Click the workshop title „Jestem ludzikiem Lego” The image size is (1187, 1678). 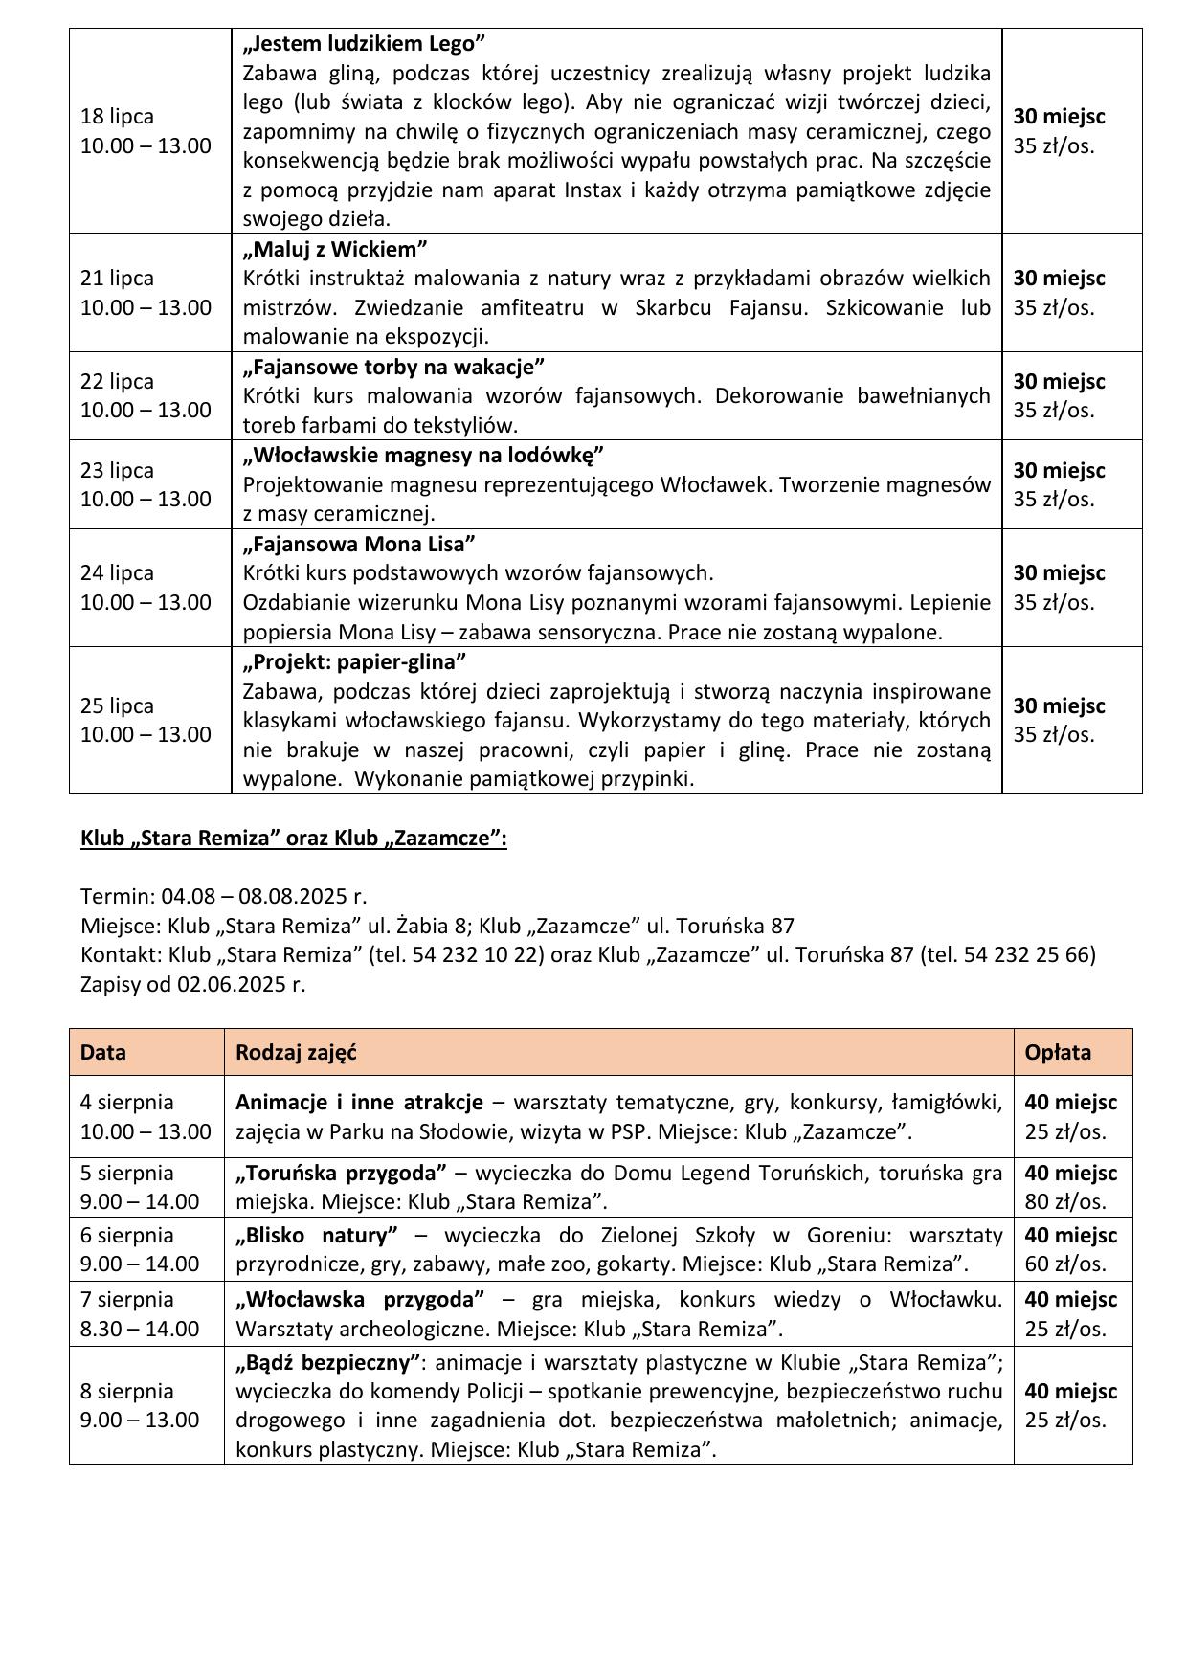(364, 44)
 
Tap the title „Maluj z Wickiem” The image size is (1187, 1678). (334, 250)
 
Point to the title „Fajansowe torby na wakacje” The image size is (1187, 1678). (393, 367)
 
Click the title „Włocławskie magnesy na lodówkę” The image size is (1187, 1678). (423, 455)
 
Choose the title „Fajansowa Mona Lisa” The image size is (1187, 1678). (359, 545)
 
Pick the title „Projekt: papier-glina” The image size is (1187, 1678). (354, 661)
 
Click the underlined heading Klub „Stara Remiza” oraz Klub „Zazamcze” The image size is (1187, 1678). (293, 839)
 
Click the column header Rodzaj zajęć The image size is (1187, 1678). (296, 1052)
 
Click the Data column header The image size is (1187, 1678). (103, 1052)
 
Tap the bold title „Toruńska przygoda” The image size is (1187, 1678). (342, 1173)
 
